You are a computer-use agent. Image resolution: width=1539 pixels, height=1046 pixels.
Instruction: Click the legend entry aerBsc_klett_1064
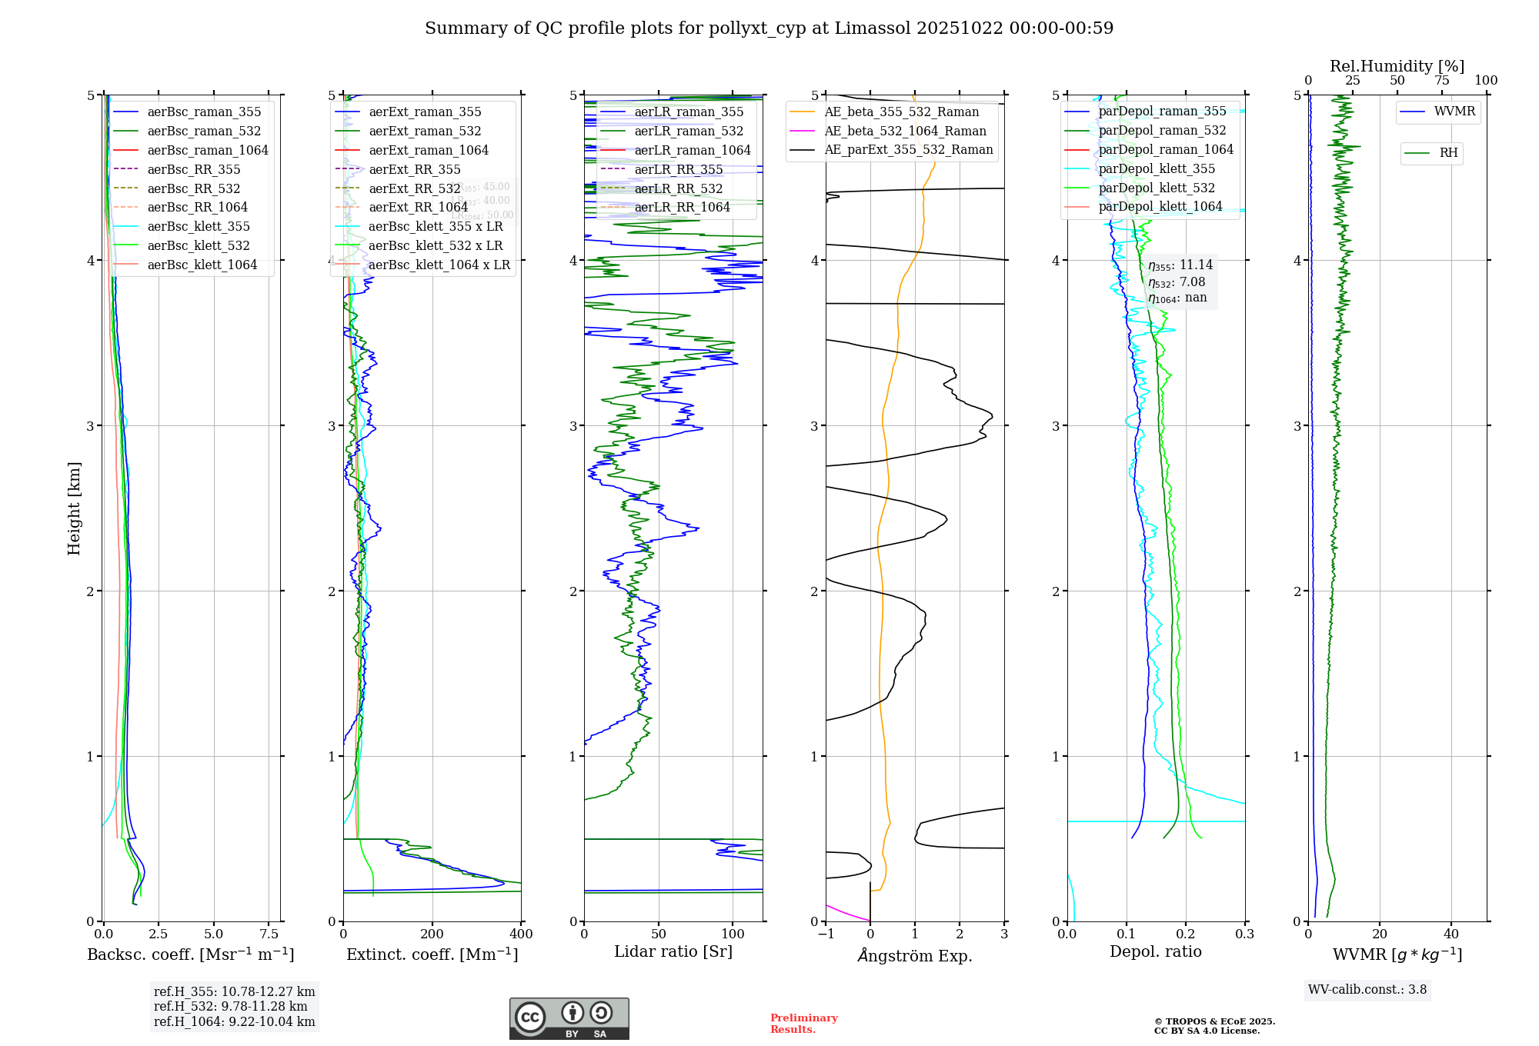(x=202, y=265)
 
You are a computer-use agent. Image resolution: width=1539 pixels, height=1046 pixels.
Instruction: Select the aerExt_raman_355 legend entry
(x=425, y=112)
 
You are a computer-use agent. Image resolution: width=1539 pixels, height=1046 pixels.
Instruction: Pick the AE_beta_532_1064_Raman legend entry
(x=905, y=131)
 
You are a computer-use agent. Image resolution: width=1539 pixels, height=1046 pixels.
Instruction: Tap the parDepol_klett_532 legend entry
(x=1156, y=188)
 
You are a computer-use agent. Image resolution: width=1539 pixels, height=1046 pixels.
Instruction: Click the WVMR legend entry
(x=1454, y=112)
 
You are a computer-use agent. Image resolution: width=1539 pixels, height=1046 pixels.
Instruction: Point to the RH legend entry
(x=1448, y=153)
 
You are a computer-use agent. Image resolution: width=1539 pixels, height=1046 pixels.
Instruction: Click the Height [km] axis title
(x=74, y=508)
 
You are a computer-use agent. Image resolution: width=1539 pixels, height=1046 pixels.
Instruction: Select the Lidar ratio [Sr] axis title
(x=673, y=951)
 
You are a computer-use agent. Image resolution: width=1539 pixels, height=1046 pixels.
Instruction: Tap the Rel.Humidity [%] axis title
(x=1397, y=66)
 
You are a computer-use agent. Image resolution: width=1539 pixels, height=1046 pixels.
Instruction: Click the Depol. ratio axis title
(x=1155, y=951)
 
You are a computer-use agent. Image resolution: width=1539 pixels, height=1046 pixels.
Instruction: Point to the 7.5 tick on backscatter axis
(x=269, y=934)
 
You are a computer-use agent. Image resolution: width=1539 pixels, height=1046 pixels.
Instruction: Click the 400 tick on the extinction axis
(x=521, y=934)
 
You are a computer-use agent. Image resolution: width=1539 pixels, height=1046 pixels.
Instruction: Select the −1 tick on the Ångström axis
(x=826, y=934)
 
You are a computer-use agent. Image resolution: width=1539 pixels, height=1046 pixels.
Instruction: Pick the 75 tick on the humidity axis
(x=1441, y=80)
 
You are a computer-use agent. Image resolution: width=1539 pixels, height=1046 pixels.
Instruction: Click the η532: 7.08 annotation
(x=1177, y=282)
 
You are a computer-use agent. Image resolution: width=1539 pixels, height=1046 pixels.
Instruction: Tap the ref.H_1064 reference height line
(x=234, y=1021)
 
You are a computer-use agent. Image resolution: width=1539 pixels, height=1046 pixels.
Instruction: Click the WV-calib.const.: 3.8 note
(x=1367, y=990)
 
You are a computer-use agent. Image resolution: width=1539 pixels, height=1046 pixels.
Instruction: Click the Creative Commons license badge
(x=569, y=1018)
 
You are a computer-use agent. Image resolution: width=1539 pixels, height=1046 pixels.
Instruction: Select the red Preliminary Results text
(x=803, y=1023)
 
